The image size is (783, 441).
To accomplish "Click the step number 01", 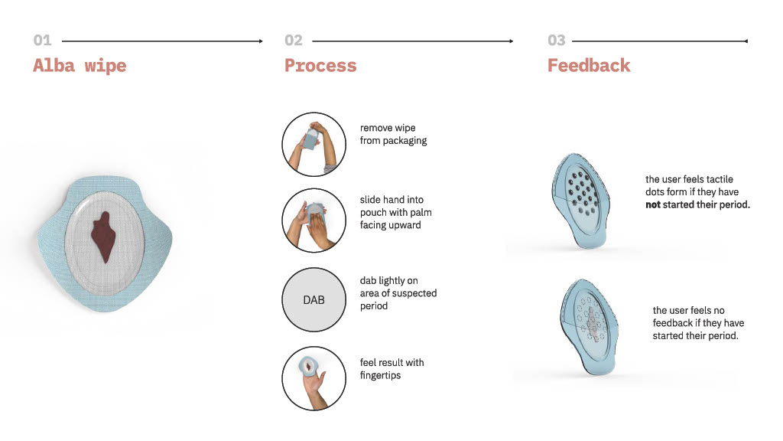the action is [43, 40].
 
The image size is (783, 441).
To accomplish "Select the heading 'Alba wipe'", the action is [80, 66].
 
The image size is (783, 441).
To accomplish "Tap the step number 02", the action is [294, 40].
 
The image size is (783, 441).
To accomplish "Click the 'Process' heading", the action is [320, 66].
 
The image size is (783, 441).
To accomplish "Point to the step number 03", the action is [557, 40].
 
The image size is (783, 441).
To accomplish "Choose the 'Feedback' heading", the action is [590, 66].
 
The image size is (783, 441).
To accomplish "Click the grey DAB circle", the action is [314, 299].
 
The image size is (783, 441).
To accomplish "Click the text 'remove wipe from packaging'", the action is [394, 134].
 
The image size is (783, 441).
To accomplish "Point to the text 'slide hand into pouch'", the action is [391, 206].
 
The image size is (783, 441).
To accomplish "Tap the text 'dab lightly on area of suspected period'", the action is [398, 293].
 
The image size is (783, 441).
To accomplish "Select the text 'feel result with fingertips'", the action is [392, 368].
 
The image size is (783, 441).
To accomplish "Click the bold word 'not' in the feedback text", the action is [653, 204].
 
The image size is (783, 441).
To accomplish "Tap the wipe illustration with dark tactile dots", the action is [581, 201].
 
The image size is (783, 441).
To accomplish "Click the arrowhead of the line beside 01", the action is [261, 41].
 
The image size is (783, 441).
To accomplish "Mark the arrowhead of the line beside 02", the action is [512, 41].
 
